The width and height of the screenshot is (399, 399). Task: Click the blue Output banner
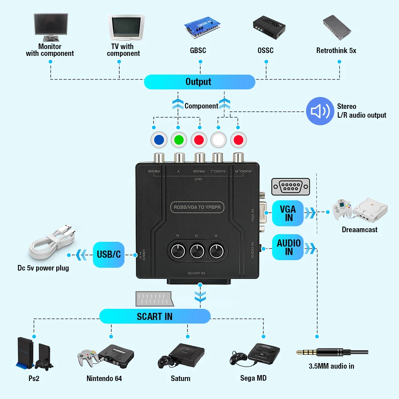click(x=199, y=82)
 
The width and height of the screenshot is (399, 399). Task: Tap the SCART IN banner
click(x=155, y=316)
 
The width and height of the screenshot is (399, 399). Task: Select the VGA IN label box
click(x=288, y=213)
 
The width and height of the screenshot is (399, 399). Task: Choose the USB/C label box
click(x=109, y=254)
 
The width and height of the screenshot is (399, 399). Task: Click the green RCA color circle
click(x=179, y=140)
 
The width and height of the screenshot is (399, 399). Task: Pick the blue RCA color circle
click(x=159, y=140)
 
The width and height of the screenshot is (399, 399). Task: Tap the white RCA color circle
click(x=219, y=140)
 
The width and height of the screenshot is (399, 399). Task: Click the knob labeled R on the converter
click(x=176, y=251)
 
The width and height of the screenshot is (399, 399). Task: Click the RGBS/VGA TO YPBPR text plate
click(x=197, y=207)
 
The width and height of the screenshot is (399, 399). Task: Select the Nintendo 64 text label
click(x=104, y=378)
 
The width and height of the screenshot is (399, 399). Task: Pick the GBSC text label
click(x=198, y=51)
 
